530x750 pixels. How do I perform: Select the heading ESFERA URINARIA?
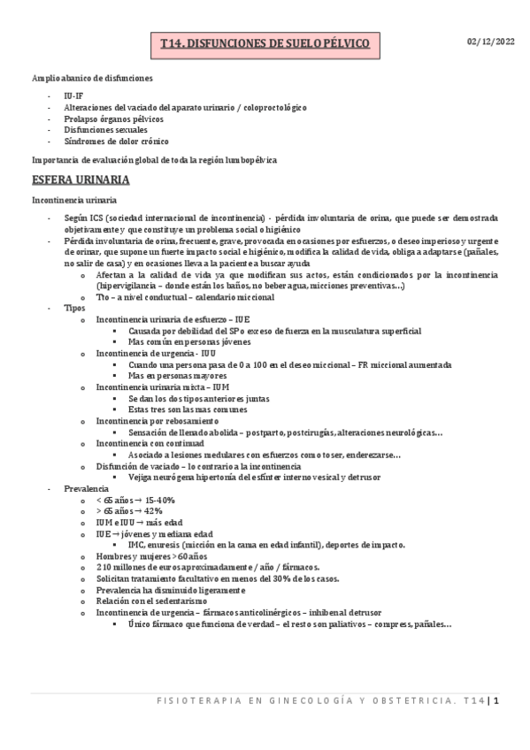(x=80, y=180)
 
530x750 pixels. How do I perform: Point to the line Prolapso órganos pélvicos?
(x=114, y=118)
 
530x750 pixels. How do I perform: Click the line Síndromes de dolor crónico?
(x=117, y=142)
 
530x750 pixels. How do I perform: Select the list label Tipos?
(x=75, y=309)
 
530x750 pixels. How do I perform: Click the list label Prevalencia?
(x=86, y=487)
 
